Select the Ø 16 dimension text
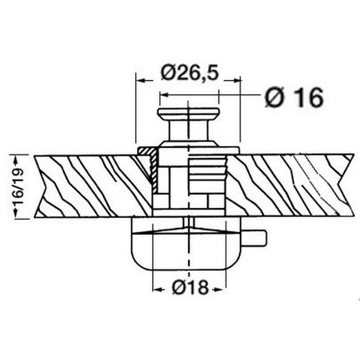click(x=294, y=98)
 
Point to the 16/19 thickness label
click(x=19, y=187)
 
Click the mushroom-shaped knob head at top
click(x=189, y=114)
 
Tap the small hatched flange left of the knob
click(x=148, y=165)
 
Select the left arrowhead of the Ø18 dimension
click(x=158, y=290)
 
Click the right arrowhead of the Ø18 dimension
click(x=219, y=290)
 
